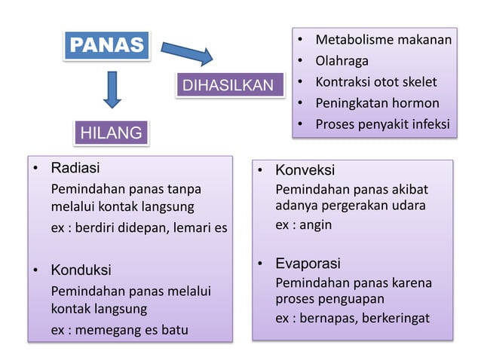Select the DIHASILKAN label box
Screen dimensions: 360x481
click(230, 85)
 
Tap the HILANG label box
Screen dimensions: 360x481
click(111, 133)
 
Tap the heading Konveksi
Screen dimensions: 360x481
click(305, 170)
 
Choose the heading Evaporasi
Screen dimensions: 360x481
click(308, 264)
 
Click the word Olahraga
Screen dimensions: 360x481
click(342, 60)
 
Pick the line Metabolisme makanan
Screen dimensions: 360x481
click(383, 39)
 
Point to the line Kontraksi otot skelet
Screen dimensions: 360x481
click(375, 81)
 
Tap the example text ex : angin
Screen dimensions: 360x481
click(303, 224)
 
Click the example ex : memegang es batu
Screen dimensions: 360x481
click(120, 331)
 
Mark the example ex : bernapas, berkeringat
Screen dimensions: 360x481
click(352, 319)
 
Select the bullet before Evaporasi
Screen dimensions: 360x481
click(260, 264)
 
